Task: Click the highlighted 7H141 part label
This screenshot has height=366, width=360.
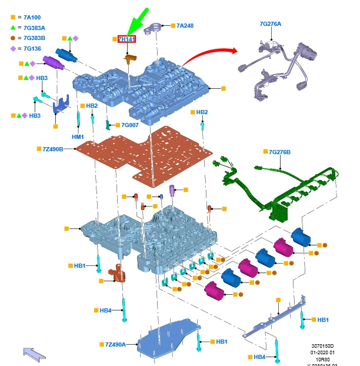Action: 127,39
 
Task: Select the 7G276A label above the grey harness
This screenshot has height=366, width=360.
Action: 271,24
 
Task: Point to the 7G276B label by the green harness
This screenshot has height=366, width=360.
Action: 280,152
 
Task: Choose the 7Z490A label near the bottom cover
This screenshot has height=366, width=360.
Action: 115,344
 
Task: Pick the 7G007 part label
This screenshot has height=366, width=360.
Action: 129,125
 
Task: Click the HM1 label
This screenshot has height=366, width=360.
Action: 78,137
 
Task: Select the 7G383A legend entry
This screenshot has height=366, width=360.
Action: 33,28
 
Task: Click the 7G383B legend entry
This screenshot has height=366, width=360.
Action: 33,38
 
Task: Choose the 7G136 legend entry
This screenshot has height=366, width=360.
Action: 31,48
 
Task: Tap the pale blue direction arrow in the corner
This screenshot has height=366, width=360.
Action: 34,354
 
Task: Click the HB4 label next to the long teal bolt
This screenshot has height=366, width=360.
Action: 105,310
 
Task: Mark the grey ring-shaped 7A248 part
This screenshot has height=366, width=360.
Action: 155,26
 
